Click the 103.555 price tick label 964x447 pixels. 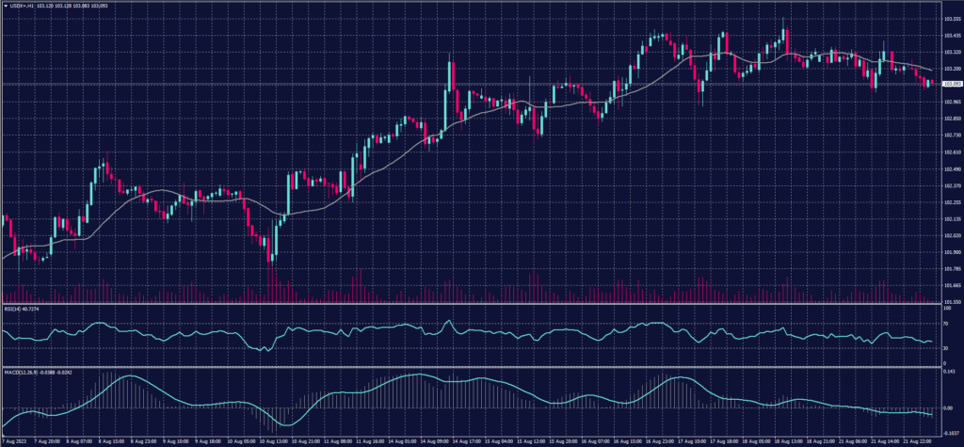pyautogui.click(x=950, y=19)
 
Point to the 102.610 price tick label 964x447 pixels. pyautogui.click(x=950, y=152)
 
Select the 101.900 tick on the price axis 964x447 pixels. pyautogui.click(x=950, y=251)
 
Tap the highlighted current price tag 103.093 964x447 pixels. pyautogui.click(x=951, y=85)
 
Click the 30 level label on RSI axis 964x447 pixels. pyautogui.click(x=944, y=348)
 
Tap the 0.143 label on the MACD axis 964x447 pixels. pyautogui.click(x=949, y=373)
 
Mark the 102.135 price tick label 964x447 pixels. pyautogui.click(x=950, y=218)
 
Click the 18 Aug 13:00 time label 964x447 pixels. pyautogui.click(x=784, y=439)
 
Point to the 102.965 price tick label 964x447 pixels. pyautogui.click(x=950, y=102)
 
